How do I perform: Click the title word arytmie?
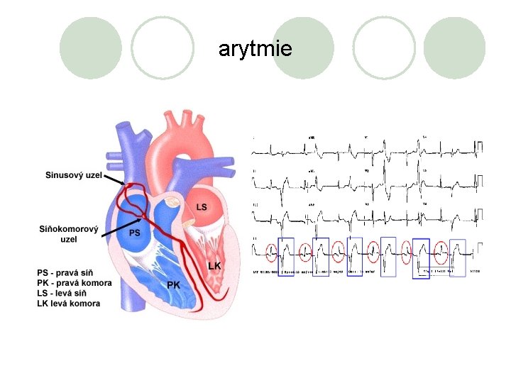coord(255,49)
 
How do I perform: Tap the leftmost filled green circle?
coord(90,48)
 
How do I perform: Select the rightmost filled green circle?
coord(454,48)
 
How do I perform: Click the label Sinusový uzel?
coord(73,175)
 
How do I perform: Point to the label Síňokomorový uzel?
coord(68,233)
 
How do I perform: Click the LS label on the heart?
coord(202,206)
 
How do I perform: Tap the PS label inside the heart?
coord(134,232)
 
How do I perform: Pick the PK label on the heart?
coord(173,284)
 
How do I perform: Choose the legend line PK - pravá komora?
coord(74,283)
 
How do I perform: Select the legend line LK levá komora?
coord(68,304)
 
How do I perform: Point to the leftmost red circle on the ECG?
coord(272,250)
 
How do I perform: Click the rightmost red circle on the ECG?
coord(441,250)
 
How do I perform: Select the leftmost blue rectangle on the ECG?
coord(286,255)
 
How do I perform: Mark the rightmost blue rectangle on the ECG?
coord(458,257)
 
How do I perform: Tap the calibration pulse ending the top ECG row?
coord(480,148)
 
